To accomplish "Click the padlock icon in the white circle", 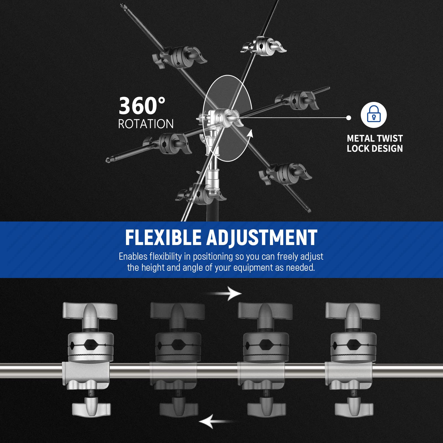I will (x=374, y=114).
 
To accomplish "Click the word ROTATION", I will (x=146, y=124).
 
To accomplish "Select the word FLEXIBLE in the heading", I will (x=163, y=238).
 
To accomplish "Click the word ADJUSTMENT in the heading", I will (x=262, y=238).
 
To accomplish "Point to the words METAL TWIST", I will (x=375, y=138).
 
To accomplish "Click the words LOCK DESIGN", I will (x=375, y=149).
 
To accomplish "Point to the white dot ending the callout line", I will (x=349, y=118).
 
